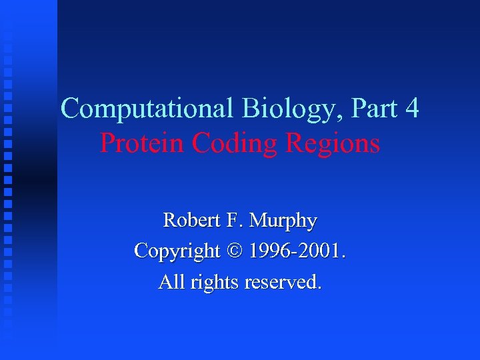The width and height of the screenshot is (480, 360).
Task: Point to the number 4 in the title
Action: tap(411, 109)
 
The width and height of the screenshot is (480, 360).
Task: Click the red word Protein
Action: tap(142, 143)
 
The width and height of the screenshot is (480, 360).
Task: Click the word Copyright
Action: tap(177, 251)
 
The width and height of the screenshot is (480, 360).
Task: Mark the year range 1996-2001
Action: tap(297, 251)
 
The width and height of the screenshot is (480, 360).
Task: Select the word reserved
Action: tap(283, 283)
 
